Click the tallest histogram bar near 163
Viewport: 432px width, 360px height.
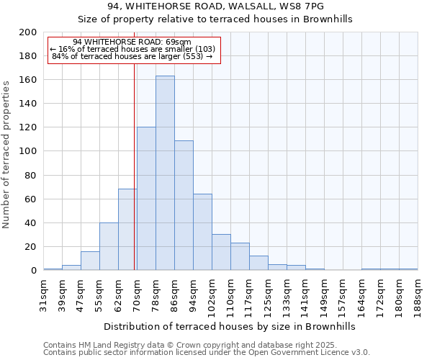coord(165,173)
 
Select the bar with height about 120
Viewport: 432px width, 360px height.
coord(146,199)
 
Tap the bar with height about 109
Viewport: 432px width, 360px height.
coord(184,205)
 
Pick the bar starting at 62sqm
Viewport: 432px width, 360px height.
coord(127,230)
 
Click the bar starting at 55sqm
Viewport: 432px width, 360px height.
coord(109,246)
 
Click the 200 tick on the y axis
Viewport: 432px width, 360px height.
coord(27,32)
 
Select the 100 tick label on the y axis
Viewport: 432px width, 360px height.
coord(27,151)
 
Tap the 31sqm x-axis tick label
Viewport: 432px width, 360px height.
coord(43,292)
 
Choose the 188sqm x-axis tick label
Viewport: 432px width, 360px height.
coord(418,292)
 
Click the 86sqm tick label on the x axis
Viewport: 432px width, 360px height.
coord(174,292)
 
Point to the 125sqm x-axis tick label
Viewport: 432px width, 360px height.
coord(268,292)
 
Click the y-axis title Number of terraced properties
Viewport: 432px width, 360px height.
coord(6,154)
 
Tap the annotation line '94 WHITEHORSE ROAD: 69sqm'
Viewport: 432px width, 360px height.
coord(132,42)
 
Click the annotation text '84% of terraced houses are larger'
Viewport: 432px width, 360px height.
coord(132,56)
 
